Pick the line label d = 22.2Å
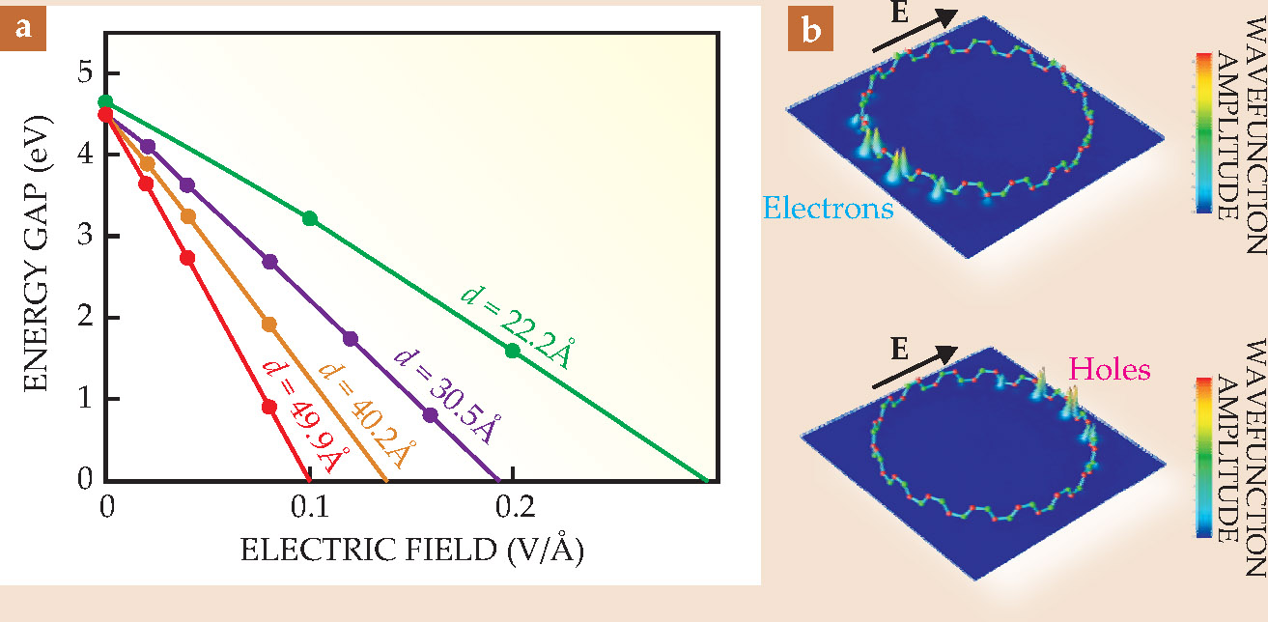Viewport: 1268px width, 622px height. [513, 316]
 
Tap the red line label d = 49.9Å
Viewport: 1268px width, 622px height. [301, 414]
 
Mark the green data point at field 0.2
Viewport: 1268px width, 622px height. [513, 351]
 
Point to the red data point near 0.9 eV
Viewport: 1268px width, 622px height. [269, 407]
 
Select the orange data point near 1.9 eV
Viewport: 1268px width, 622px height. [269, 325]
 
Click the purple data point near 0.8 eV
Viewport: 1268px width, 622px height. [431, 415]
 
